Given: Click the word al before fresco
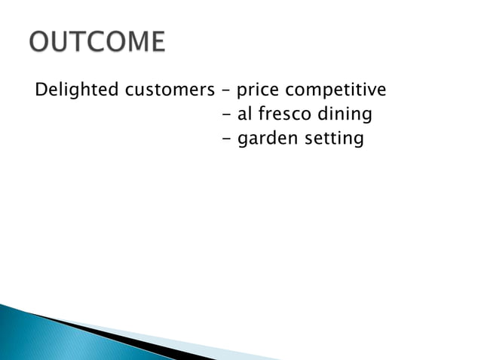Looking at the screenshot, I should [x=244, y=115].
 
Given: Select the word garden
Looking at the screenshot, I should [x=264, y=139].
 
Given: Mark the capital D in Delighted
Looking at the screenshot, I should [x=40, y=91].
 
